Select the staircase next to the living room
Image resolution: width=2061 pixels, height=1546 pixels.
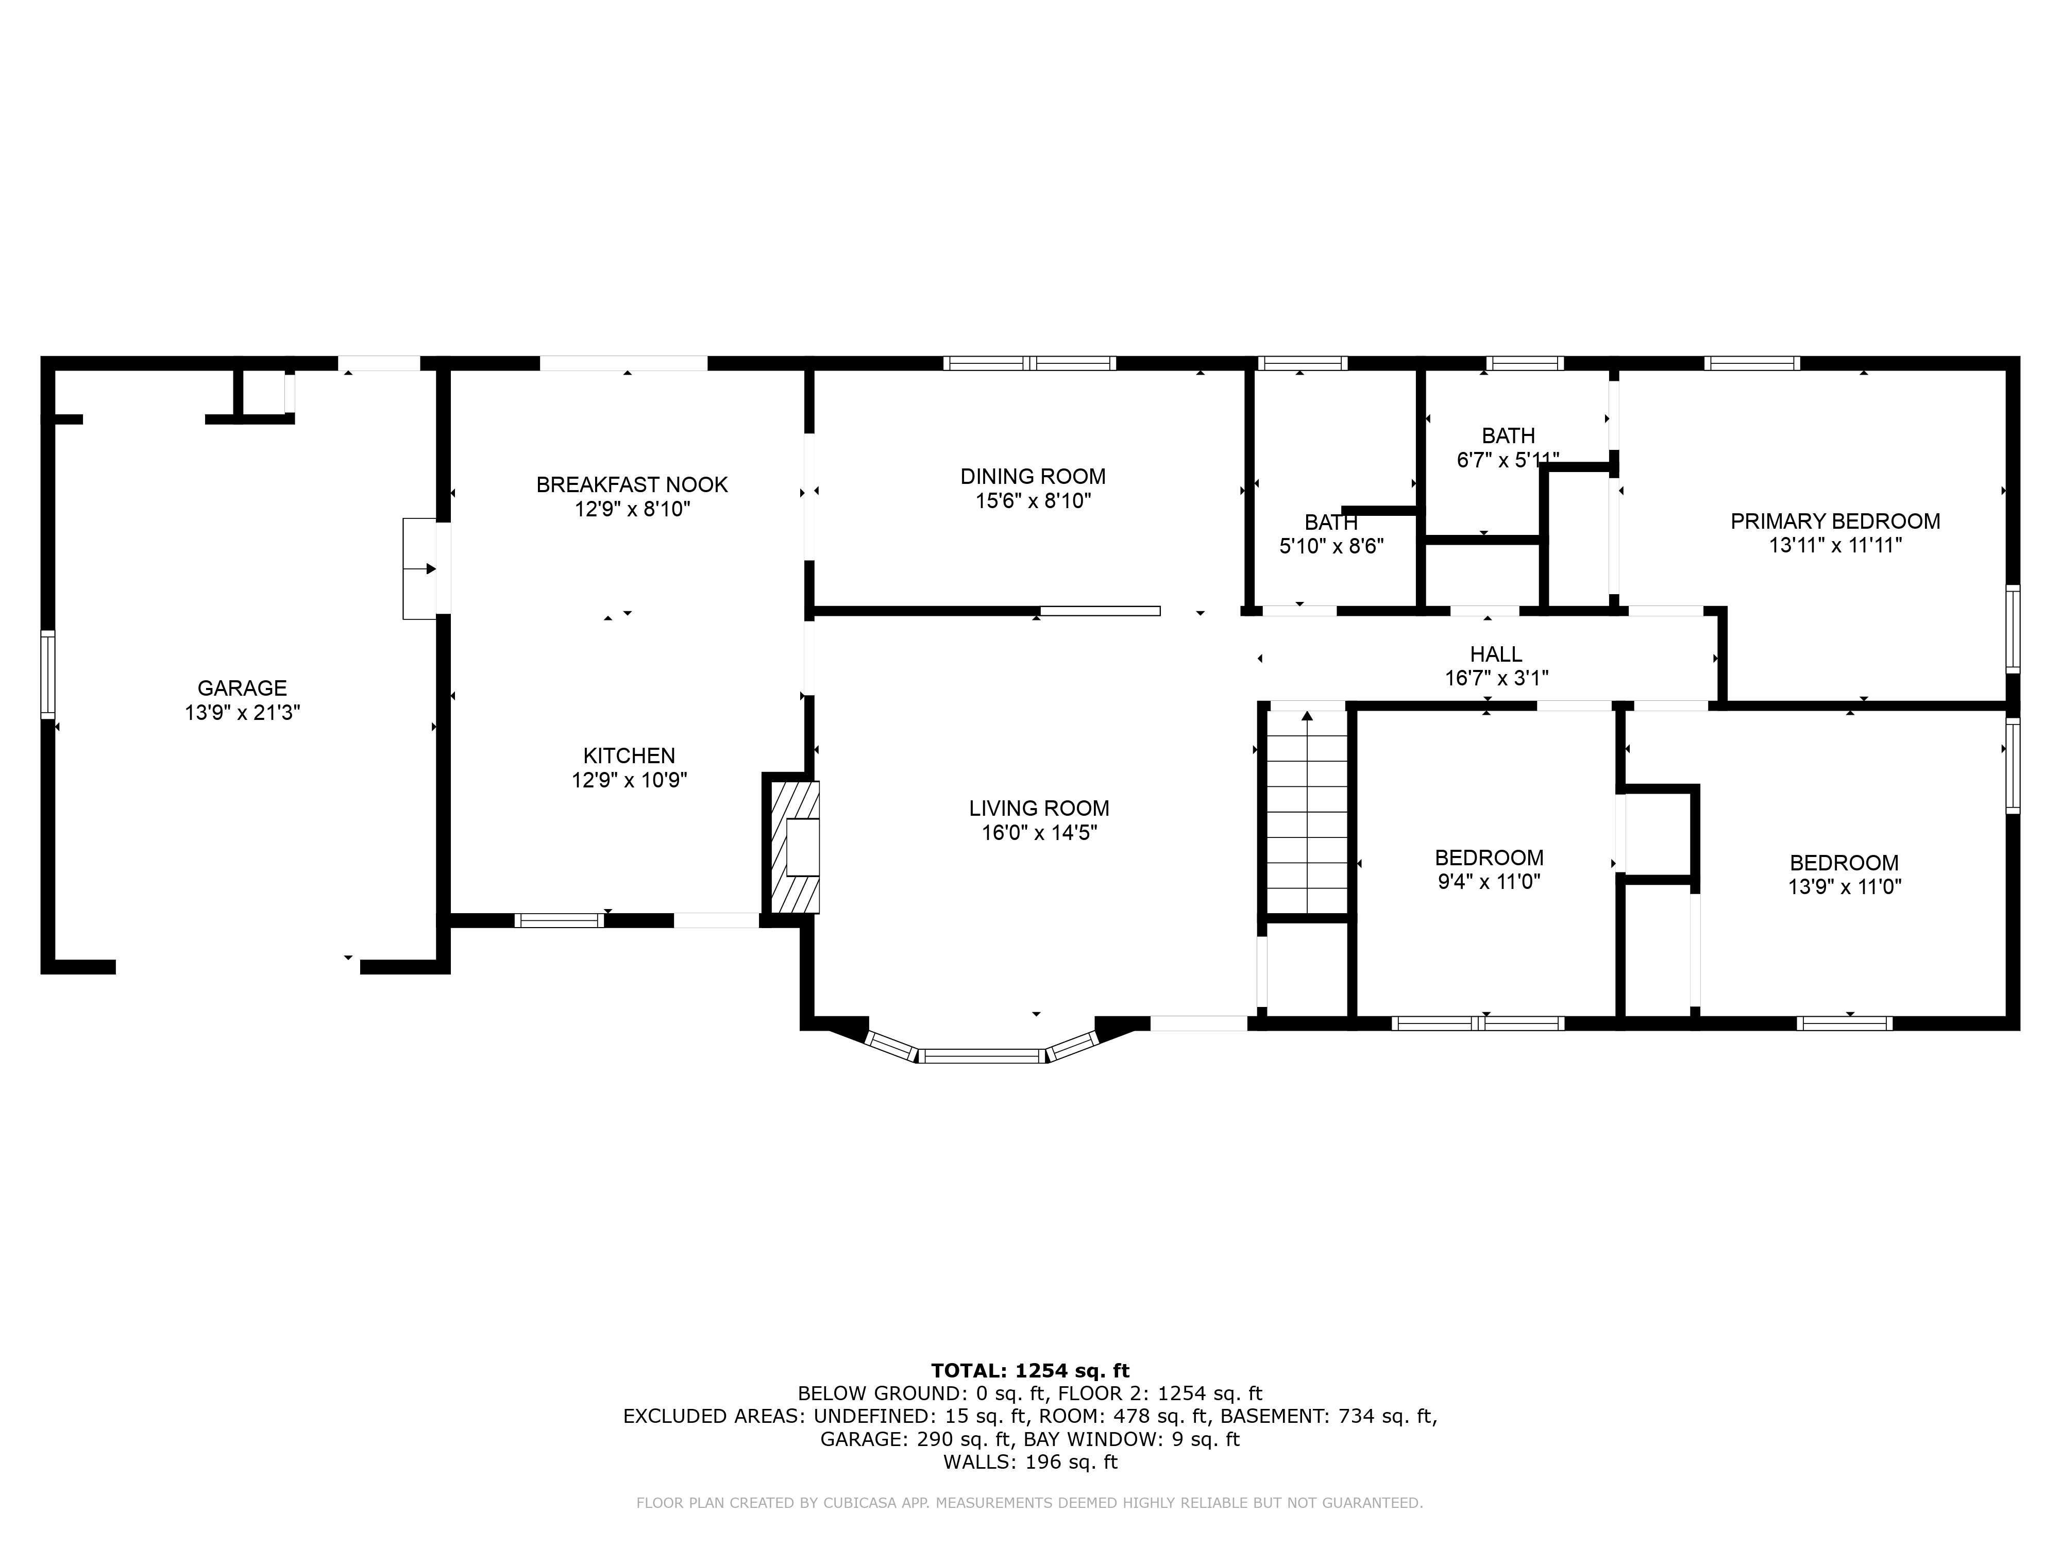[x=1307, y=811]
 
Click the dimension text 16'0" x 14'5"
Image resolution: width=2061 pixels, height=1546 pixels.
[x=1039, y=832]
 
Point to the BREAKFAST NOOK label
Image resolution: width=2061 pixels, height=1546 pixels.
[x=632, y=484]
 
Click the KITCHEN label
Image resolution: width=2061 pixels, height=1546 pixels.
[x=629, y=756]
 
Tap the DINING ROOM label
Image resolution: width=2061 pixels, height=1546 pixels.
[x=1033, y=476]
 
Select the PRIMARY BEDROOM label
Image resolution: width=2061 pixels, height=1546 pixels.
[x=1835, y=521]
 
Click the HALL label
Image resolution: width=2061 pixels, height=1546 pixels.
[x=1495, y=654]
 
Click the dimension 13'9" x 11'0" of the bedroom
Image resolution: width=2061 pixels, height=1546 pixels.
[x=1844, y=886]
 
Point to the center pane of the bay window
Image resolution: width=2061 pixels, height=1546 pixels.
[x=983, y=1056]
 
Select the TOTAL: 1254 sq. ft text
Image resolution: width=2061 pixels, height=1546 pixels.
[x=1029, y=1371]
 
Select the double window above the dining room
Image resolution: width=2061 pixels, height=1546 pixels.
[x=1029, y=363]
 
